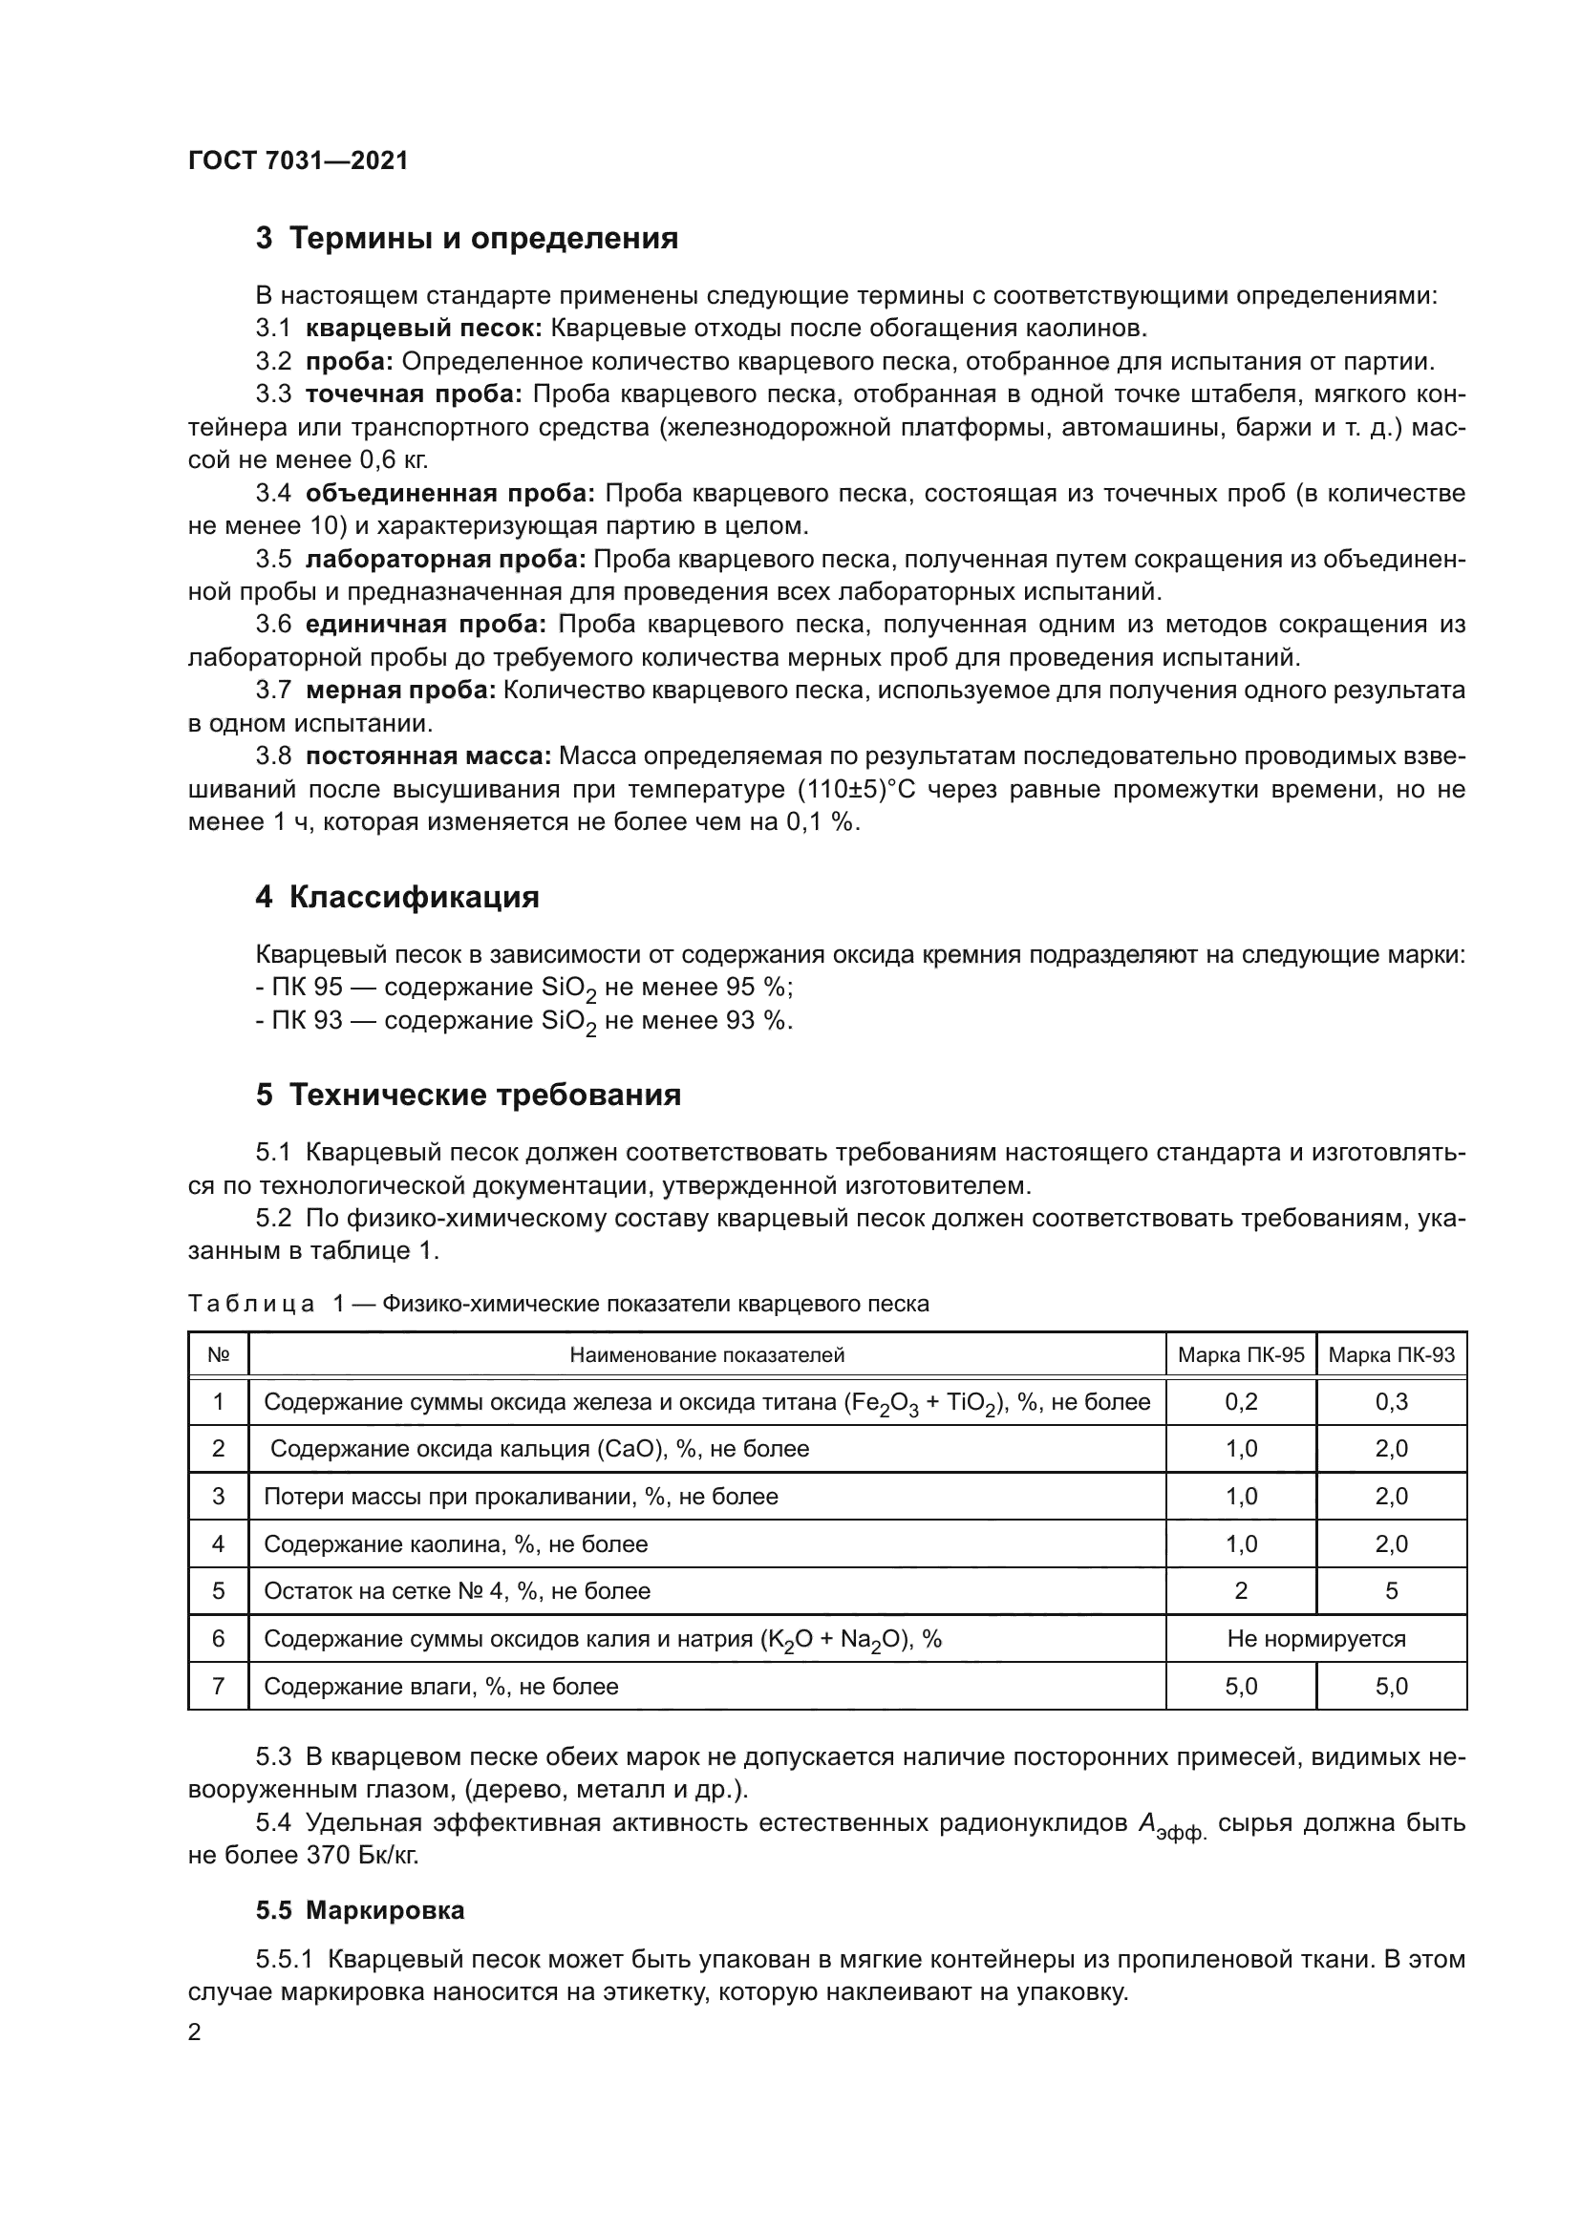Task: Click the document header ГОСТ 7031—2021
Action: [298, 160]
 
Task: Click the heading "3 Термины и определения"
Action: [467, 239]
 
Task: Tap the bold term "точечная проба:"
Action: [414, 394]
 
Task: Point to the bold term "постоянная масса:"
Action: [428, 756]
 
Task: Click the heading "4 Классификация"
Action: [397, 896]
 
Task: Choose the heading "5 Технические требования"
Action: [468, 1095]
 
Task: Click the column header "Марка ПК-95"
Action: [1241, 1355]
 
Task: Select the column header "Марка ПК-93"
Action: [1391, 1355]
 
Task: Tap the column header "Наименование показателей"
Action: [707, 1355]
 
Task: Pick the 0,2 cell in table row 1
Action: [1241, 1402]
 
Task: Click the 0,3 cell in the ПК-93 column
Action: [1391, 1402]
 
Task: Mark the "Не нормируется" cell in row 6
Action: [1315, 1639]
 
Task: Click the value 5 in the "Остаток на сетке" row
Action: [1391, 1591]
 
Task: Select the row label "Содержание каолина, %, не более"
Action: [456, 1544]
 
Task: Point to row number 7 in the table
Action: [218, 1686]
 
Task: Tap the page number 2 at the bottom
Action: [195, 2032]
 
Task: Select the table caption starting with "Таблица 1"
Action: [559, 1304]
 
